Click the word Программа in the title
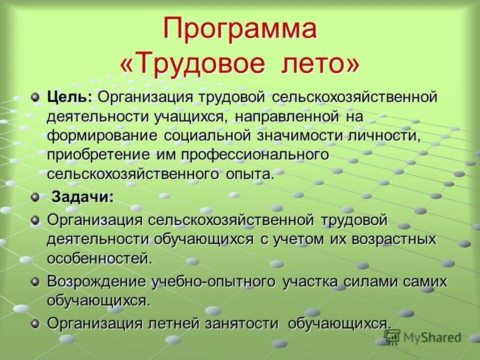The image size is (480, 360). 240,28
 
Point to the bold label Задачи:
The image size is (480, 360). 82,197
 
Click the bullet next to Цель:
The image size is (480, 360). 34,97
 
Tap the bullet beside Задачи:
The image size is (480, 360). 34,197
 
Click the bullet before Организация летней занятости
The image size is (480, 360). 34,323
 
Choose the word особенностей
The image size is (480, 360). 99,259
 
